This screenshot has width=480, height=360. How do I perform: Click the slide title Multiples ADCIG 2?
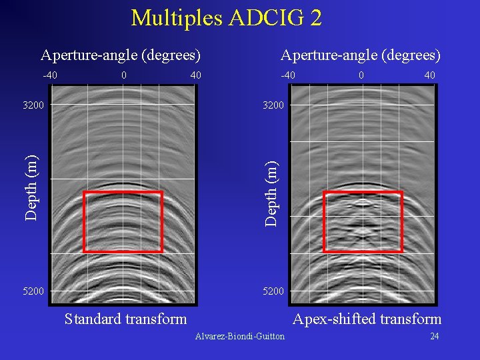tap(227, 17)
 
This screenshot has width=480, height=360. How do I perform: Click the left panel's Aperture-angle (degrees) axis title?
tap(121, 54)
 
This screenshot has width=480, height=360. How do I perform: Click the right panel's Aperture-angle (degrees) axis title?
tap(361, 54)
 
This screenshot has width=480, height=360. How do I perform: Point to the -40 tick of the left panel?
tap(50, 75)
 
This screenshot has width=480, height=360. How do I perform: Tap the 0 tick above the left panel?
tap(124, 75)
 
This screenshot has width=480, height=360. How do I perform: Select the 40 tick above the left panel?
tap(195, 75)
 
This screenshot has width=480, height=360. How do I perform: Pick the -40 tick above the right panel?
tap(288, 75)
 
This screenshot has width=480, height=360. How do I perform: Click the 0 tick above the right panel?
tap(361, 75)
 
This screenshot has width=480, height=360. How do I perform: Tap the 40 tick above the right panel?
tap(429, 75)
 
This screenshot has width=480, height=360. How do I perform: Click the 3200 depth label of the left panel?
tap(33, 105)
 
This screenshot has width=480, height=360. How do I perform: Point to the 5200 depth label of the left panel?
tap(33, 291)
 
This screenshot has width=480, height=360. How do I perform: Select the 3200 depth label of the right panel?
tap(273, 105)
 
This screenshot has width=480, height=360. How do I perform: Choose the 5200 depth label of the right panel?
tap(273, 291)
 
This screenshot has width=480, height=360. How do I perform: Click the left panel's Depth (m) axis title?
tap(31, 187)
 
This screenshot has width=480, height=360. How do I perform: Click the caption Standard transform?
tap(125, 319)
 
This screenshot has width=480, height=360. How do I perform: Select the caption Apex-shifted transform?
tap(367, 319)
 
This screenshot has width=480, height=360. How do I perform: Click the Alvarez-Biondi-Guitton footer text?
tap(239, 336)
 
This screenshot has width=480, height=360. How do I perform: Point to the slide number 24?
tap(434, 336)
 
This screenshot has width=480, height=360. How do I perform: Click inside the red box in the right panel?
tap(363, 221)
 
